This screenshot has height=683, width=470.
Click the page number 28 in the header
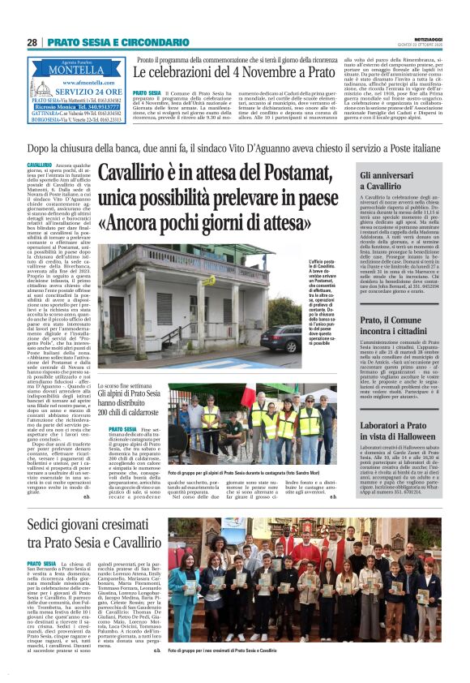pyautogui.click(x=32, y=42)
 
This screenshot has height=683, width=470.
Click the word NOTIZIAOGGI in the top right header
pyautogui.click(x=429, y=37)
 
